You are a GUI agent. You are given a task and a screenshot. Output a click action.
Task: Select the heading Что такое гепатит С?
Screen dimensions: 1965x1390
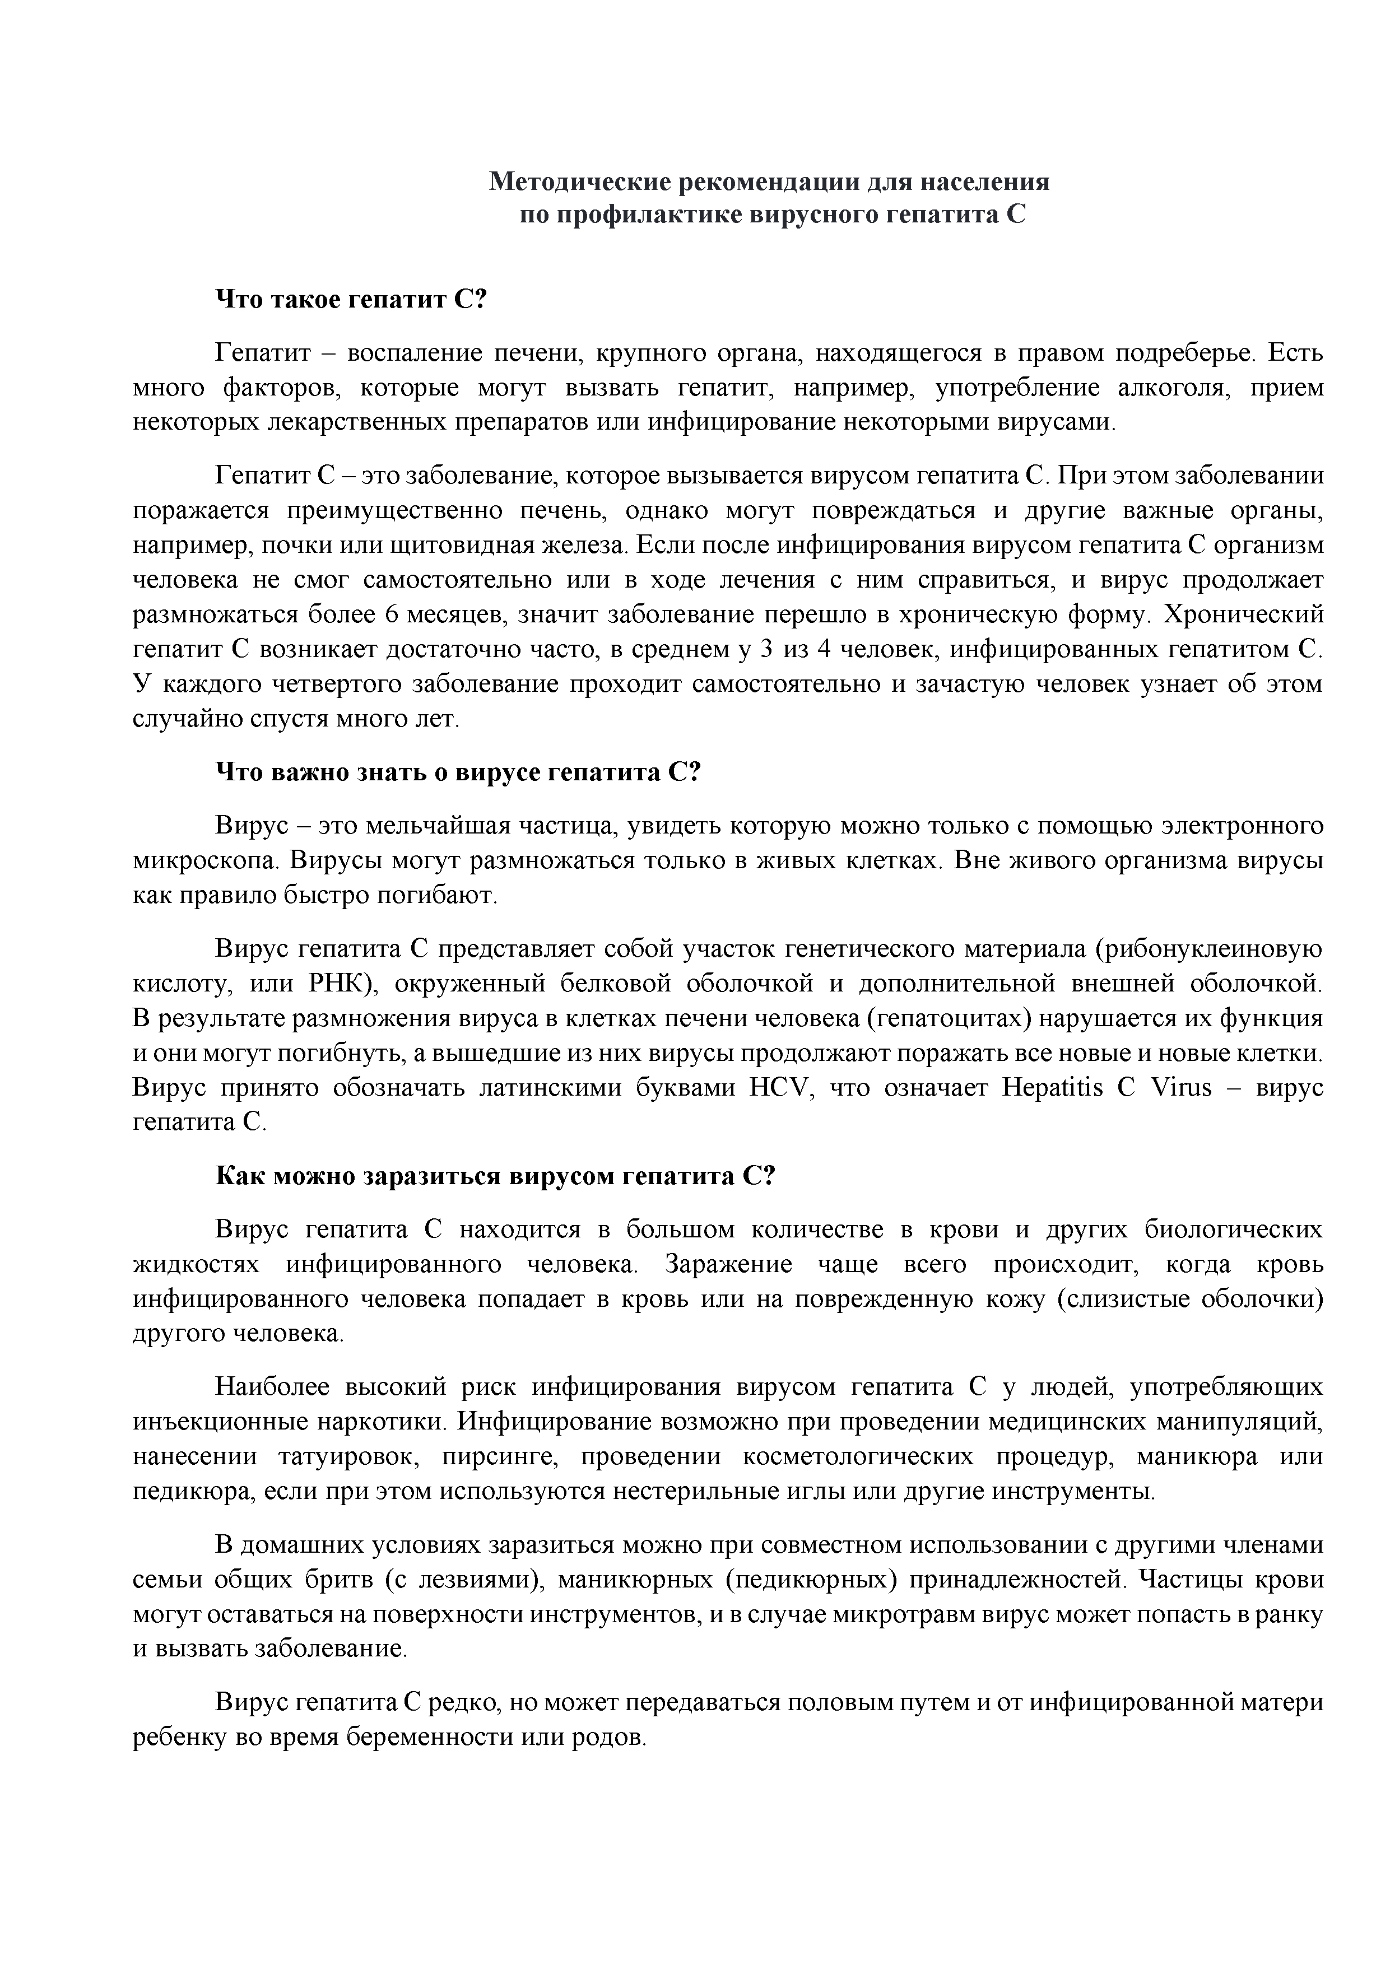click(350, 300)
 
